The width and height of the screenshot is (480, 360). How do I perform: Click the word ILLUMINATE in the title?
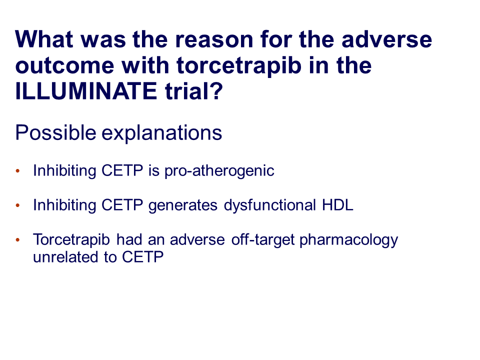(x=86, y=91)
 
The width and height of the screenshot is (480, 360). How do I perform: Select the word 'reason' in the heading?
(x=214, y=40)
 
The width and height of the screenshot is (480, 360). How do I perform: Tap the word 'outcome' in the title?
(x=65, y=66)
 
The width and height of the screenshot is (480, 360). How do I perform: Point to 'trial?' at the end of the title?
(x=194, y=91)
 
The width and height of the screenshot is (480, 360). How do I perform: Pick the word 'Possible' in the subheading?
(x=55, y=133)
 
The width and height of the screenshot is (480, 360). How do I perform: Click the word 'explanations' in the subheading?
(x=161, y=133)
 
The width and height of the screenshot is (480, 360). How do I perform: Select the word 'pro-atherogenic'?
(x=219, y=171)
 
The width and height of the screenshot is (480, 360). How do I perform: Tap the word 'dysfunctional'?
(x=269, y=205)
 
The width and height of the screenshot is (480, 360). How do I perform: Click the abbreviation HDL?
(x=337, y=205)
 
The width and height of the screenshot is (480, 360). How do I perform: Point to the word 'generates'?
(x=183, y=205)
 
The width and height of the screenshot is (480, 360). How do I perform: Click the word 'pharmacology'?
(x=348, y=240)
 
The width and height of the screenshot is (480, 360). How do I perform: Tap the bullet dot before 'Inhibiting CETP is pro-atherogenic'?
(x=18, y=171)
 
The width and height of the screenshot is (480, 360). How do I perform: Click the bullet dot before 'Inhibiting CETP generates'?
(x=18, y=205)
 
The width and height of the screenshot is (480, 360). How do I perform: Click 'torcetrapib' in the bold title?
(x=239, y=66)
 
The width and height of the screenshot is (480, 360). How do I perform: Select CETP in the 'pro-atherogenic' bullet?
(x=122, y=170)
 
